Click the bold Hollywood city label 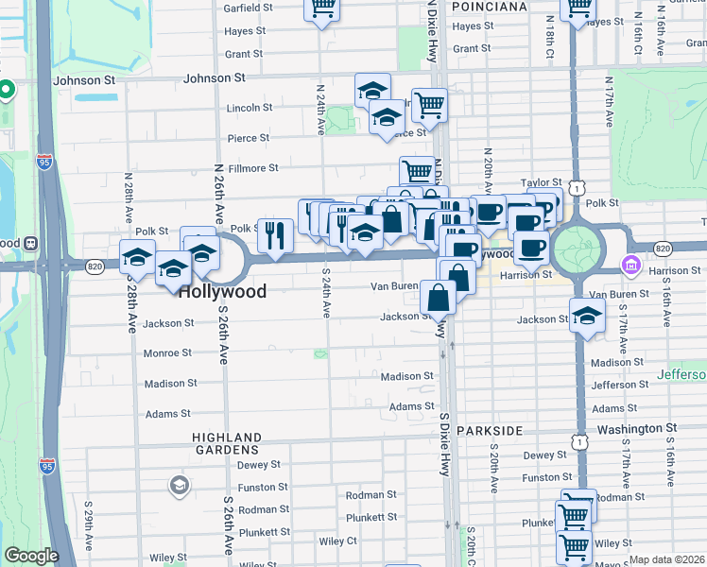click(222, 291)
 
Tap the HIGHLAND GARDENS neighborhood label click(227, 443)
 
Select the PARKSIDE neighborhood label click(490, 430)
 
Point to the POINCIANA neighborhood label click(489, 7)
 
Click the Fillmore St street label click(252, 168)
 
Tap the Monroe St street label click(166, 352)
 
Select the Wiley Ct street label click(337, 541)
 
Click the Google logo click(31, 556)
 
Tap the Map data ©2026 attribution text click(667, 559)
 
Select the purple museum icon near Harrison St click(630, 266)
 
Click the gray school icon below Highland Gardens click(178, 486)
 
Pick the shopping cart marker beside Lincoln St click(429, 105)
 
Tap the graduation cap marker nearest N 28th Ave click(138, 257)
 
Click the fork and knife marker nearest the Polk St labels click(275, 235)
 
